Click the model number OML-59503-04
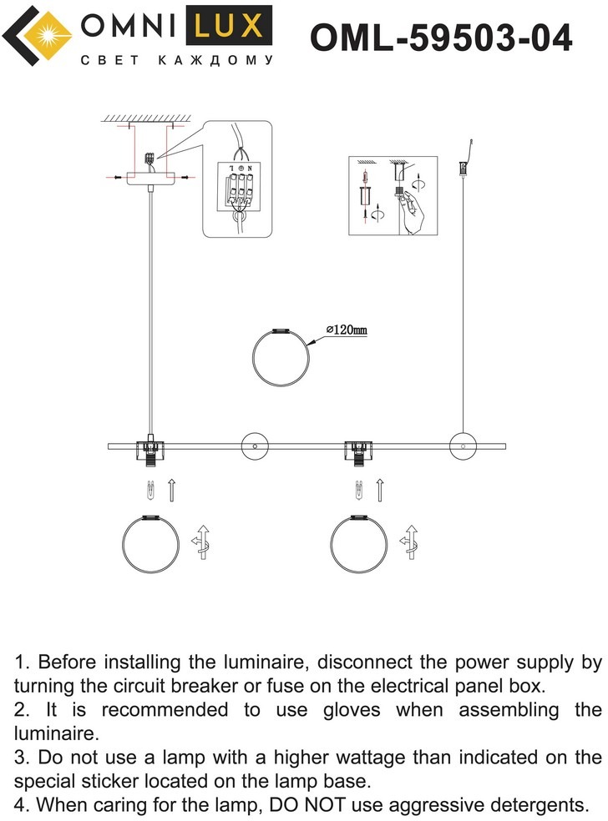coord(441,38)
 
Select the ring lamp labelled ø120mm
coord(282,356)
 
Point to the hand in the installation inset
coord(414,215)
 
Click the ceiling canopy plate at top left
coord(149,177)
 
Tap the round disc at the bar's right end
coord(460,446)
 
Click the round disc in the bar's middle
coord(252,446)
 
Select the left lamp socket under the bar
coord(149,453)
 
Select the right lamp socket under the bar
coord(358,453)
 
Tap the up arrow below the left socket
coord(171,490)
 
